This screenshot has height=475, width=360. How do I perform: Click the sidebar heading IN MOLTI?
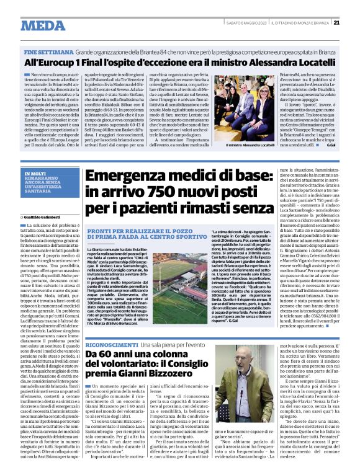click(x=35, y=157)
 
